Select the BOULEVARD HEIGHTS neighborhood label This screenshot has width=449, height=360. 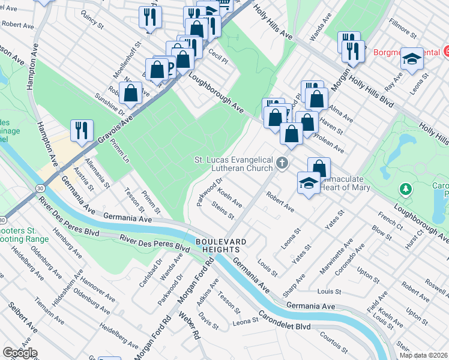[x=221, y=245]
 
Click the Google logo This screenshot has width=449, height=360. [x=20, y=353]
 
